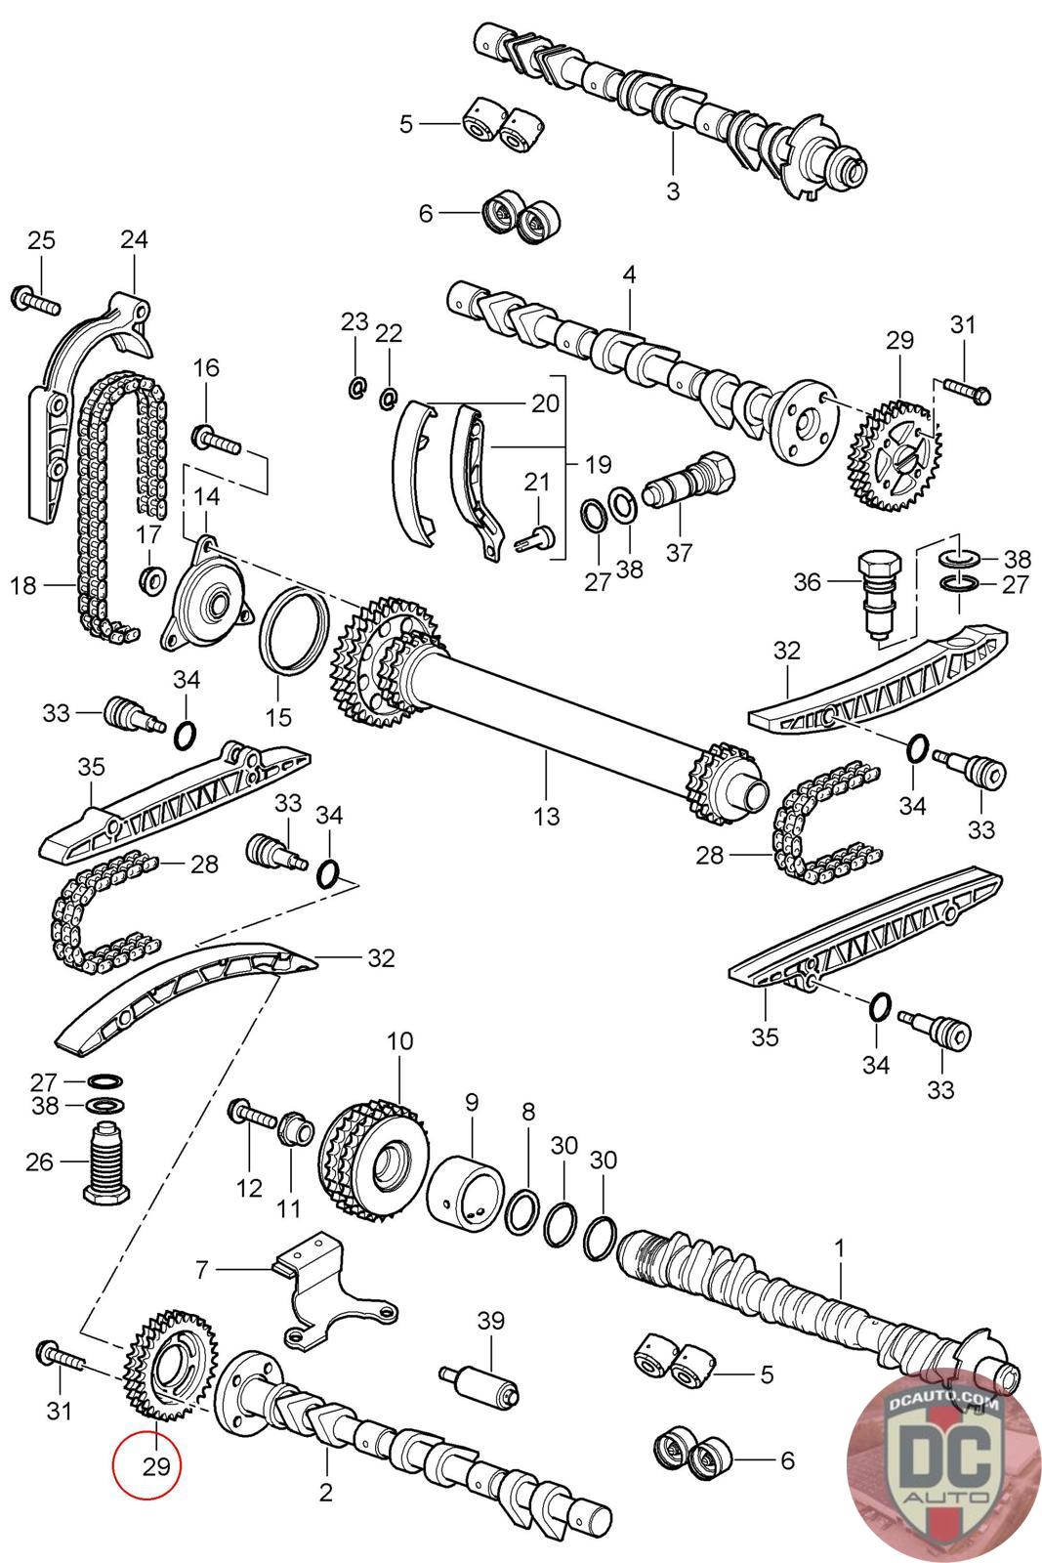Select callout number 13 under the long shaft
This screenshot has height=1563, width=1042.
click(547, 815)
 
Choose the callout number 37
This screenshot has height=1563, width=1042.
click(679, 552)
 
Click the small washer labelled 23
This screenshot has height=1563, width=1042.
click(356, 388)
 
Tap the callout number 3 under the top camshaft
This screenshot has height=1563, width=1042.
click(673, 190)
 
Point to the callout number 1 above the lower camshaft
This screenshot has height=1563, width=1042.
click(839, 1247)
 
